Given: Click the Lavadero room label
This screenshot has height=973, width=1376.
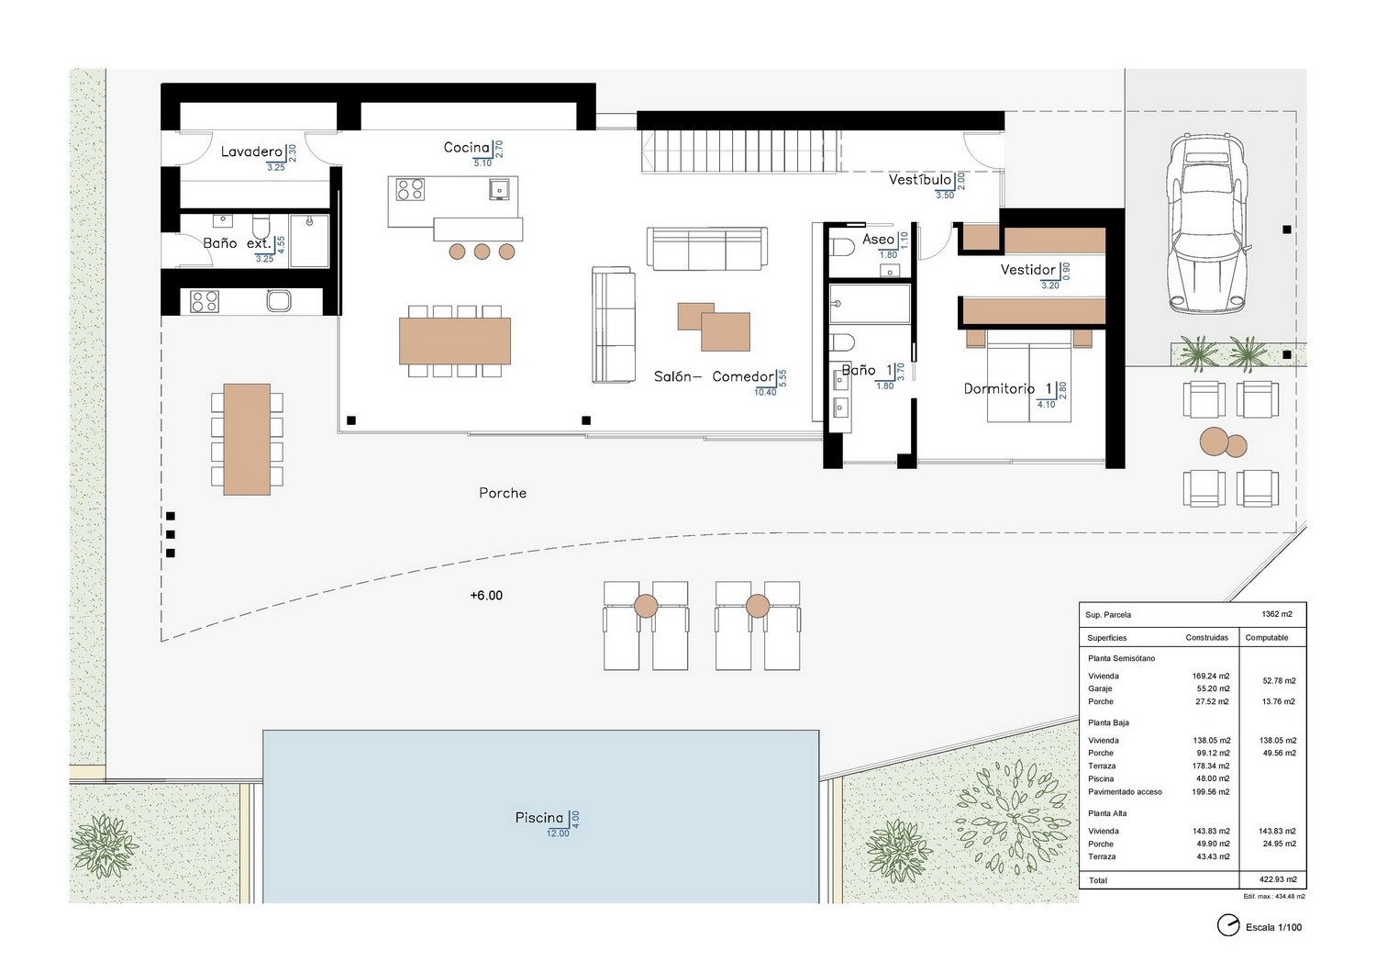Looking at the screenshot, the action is coord(251,151).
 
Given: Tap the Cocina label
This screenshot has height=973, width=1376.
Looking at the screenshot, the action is coord(466,148).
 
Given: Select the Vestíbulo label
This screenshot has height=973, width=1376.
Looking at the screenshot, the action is coord(919,180).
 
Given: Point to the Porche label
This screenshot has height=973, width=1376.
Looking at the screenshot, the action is coord(503,493).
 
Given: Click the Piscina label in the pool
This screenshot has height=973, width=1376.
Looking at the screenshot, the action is coord(538,818).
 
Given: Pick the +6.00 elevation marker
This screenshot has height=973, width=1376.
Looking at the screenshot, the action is coord(486,595).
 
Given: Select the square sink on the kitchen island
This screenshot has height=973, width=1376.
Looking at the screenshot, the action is coord(499,189).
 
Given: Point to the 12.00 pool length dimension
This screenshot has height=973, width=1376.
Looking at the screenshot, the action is coord(558,833).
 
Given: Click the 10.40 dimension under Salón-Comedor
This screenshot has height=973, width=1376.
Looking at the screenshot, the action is coord(765,392).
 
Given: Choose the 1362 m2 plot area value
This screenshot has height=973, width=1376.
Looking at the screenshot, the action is coord(1277,614).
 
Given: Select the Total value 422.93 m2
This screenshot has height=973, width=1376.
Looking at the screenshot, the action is coord(1278,879).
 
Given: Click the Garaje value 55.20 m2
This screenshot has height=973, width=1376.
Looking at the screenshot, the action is coord(1211,688).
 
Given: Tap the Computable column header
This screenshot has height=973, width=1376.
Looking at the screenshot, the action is coord(1267,637).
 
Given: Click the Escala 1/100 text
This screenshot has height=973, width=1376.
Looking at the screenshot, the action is coord(1273,927).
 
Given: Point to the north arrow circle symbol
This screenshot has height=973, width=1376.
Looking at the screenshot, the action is coord(1228,925).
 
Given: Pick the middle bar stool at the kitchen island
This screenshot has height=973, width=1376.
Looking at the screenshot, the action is coord(482,251).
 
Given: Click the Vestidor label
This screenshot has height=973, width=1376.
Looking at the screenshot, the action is coord(1027,269).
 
